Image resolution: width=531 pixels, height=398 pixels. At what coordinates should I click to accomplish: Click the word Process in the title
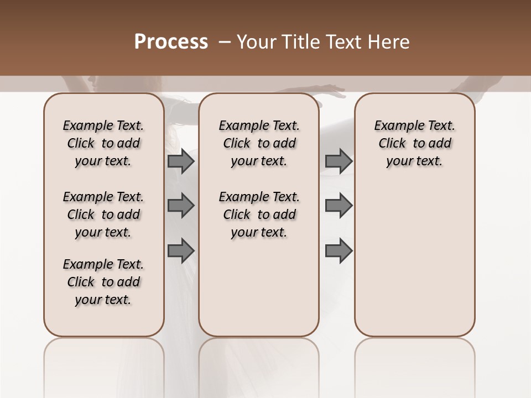point(171,42)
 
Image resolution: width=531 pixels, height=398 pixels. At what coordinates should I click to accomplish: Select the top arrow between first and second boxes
point(181,161)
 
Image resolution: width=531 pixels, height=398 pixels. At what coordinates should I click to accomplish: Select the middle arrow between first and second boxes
point(181,205)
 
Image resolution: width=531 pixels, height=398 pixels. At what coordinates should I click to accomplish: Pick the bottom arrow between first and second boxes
point(181,250)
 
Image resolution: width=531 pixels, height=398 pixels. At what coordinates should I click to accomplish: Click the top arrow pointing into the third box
point(339,161)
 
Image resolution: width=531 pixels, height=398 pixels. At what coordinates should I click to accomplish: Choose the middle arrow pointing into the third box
point(339,205)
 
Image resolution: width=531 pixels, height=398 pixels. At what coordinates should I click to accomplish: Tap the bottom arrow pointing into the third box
point(339,250)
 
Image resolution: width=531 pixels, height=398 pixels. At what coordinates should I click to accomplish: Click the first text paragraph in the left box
point(103,143)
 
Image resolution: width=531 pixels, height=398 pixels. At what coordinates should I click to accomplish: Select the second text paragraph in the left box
point(103,214)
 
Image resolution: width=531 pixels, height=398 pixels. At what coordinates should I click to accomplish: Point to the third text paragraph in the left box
point(103,282)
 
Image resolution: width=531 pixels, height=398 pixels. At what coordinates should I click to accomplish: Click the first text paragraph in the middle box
point(259,143)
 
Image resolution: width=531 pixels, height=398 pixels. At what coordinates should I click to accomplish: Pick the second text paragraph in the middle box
point(259,214)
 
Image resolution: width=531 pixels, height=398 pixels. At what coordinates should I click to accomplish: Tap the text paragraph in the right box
point(415,143)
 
